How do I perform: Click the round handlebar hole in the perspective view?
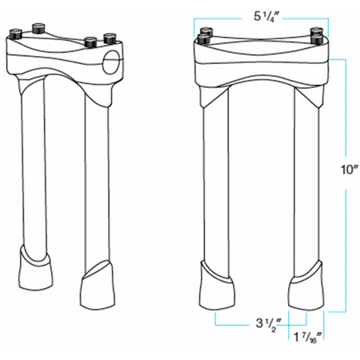110,62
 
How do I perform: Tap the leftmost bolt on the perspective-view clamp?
15,34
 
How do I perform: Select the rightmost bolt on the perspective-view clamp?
110,38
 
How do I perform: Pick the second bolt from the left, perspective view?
39,28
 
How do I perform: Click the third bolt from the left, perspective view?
90,42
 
